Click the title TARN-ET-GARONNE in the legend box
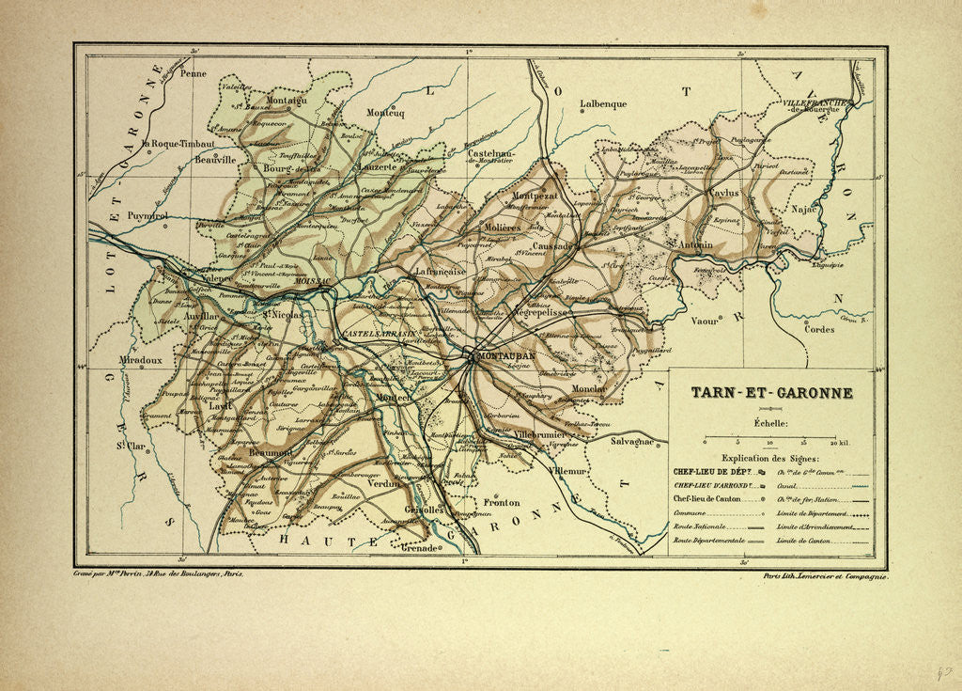771,392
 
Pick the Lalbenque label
603,104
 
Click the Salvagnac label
638,441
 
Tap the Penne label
193,72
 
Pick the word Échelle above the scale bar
770,425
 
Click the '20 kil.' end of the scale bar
838,442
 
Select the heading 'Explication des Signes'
770,457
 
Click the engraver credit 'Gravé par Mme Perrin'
158,572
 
